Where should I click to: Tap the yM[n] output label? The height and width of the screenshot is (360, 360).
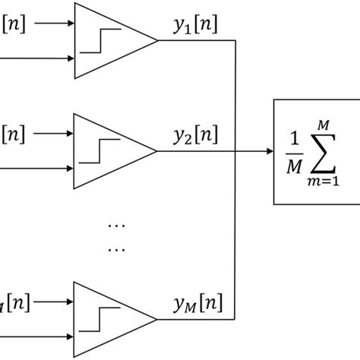(195, 305)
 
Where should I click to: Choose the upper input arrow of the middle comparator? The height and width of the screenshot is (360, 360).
(53, 134)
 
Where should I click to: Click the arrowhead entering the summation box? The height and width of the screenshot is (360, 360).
(268, 151)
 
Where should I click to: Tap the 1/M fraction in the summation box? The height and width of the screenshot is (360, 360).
(293, 152)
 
